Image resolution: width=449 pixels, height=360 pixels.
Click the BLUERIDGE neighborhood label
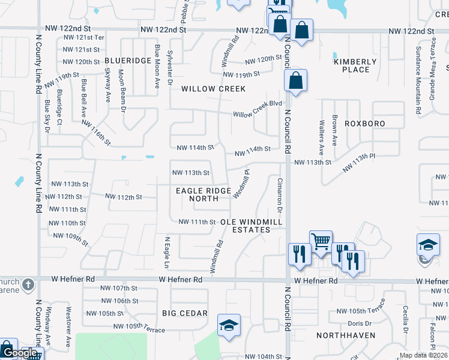pos(128,61)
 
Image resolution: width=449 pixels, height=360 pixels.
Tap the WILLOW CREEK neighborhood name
pos(214,89)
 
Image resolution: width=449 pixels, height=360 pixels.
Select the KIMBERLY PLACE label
pos(355,65)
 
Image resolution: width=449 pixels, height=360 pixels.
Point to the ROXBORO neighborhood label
pos(364,123)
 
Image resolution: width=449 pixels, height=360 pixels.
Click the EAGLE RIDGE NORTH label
pos(203,194)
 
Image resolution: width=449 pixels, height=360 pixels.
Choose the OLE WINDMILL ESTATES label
pos(250,226)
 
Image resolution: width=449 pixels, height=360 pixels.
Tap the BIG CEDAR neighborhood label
pos(185,313)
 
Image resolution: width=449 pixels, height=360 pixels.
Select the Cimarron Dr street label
pos(279,194)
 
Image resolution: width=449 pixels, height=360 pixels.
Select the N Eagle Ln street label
pos(167,251)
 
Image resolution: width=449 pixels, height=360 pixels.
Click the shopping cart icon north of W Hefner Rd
pos(321,241)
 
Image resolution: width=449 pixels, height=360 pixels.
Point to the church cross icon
pos(26,283)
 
